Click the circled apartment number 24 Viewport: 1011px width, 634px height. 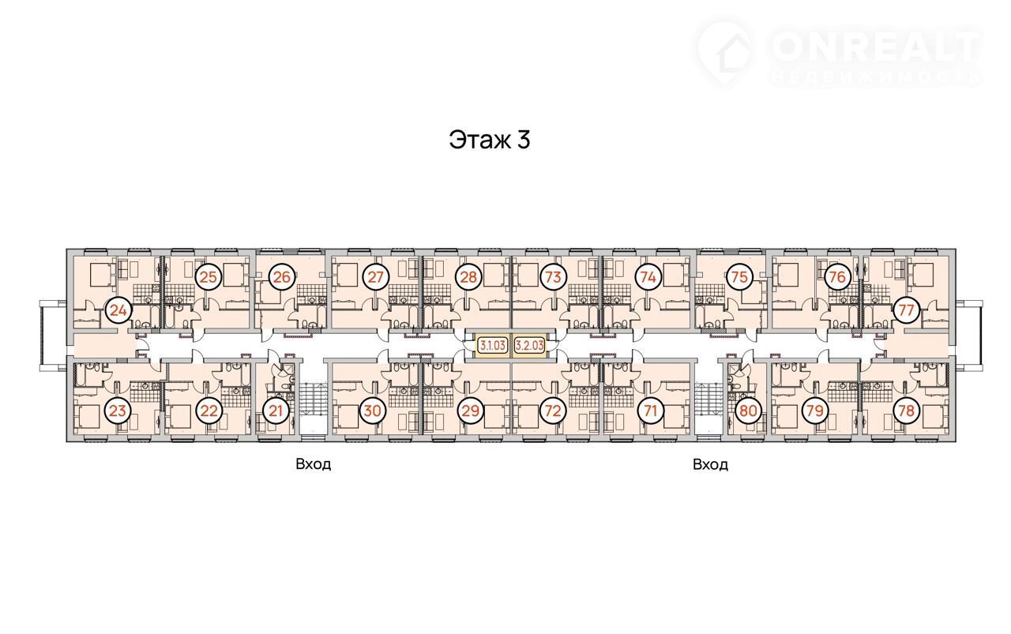tap(118, 311)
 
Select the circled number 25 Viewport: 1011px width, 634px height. tap(208, 276)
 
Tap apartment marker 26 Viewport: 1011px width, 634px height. tap(282, 276)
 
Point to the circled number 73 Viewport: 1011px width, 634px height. tap(554, 276)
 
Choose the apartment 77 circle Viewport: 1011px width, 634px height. tap(906, 310)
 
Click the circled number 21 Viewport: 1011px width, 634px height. tap(276, 411)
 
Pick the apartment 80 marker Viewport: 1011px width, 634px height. tap(748, 411)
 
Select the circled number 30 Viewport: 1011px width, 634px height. tap(372, 411)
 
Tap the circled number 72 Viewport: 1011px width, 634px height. tap(554, 411)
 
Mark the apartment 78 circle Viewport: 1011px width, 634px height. tap(906, 411)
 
